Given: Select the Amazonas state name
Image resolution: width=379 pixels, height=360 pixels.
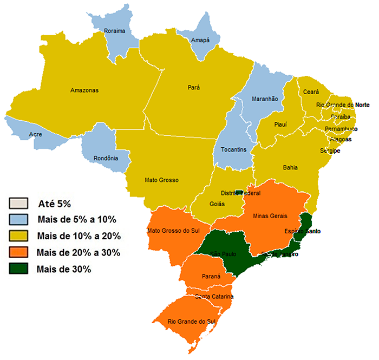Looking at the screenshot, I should [x=84, y=90].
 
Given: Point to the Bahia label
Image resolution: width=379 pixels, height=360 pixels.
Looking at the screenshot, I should [x=290, y=168].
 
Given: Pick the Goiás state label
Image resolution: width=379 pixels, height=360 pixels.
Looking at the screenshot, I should [x=218, y=204].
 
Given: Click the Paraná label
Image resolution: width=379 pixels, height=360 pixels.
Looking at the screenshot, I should [x=211, y=276].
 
